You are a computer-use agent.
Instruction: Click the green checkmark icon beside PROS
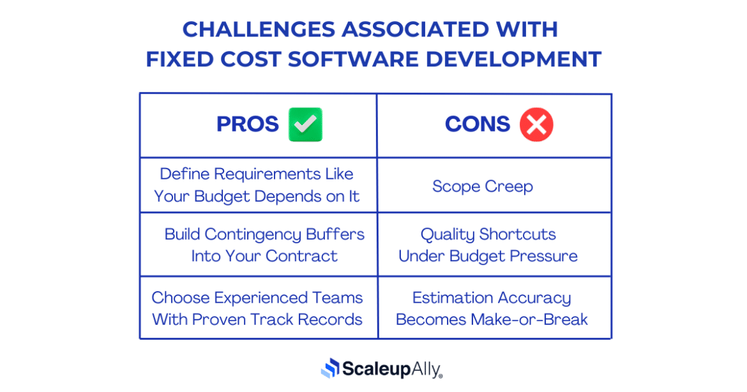305,124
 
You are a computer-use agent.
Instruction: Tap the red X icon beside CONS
536,124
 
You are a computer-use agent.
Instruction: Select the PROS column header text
248,124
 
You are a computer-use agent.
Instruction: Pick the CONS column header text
478,124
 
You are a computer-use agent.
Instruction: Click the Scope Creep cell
482,186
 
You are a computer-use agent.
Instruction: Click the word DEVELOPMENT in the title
513,59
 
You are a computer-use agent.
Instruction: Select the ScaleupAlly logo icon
330,368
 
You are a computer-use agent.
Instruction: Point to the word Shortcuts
518,234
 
